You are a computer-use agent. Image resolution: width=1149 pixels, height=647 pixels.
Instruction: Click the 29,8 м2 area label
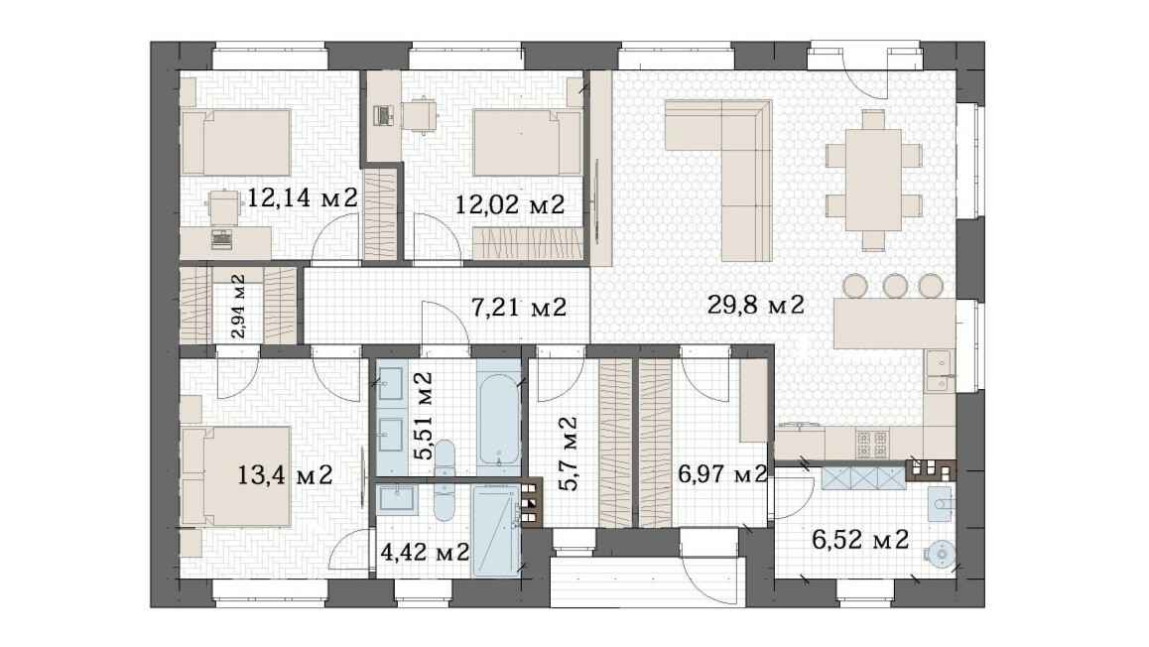tap(755, 304)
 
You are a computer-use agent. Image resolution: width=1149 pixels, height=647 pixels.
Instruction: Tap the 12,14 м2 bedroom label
tap(302, 197)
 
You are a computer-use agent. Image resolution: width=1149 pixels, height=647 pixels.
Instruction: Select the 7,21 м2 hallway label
tap(519, 307)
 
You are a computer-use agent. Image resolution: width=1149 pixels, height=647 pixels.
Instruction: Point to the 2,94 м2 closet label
tap(238, 307)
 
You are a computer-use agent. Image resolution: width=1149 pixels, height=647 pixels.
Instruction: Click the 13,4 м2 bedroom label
tap(285, 474)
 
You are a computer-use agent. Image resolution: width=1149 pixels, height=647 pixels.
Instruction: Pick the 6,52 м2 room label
tap(860, 540)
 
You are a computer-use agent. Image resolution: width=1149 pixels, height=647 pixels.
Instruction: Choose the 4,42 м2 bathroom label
tap(425, 551)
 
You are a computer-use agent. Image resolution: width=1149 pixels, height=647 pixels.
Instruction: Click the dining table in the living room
tap(873, 181)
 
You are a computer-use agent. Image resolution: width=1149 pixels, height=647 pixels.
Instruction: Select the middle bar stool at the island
tap(895, 285)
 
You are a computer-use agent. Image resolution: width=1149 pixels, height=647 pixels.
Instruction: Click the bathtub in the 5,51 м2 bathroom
tap(498, 416)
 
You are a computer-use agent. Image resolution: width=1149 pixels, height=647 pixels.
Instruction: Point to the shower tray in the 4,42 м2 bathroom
tap(496, 530)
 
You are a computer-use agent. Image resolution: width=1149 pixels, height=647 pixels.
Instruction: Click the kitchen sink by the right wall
tap(939, 371)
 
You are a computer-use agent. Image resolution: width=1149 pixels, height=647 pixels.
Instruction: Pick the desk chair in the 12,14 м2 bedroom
tap(224, 206)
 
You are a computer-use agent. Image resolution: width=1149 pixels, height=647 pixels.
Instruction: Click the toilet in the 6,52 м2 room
tap(941, 503)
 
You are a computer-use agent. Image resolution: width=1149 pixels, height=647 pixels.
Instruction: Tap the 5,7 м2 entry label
tap(568, 453)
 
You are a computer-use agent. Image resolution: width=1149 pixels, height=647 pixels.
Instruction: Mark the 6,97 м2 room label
tap(722, 474)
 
